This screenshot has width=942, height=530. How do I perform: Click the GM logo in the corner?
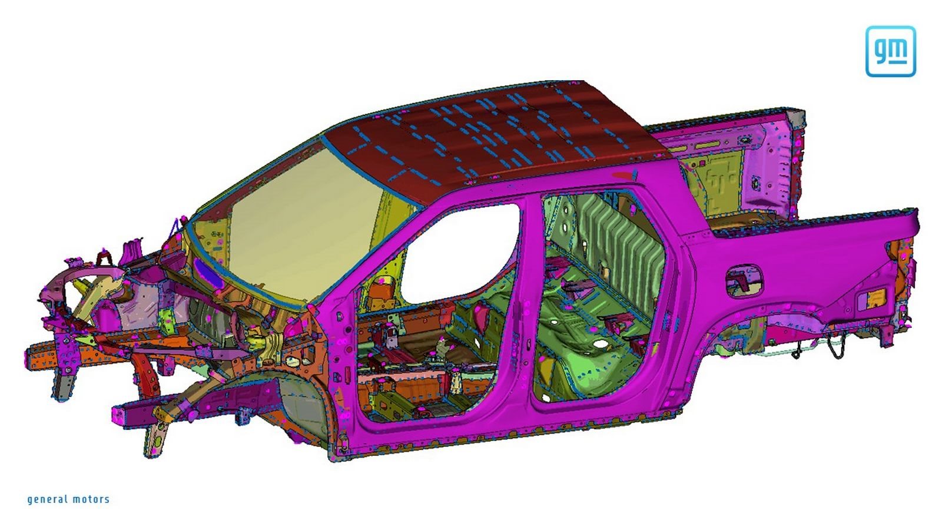[890, 51]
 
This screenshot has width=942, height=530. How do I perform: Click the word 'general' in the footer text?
[47, 500]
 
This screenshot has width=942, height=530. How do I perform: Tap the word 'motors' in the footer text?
[91, 499]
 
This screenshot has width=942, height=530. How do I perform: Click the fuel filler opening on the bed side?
[744, 280]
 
